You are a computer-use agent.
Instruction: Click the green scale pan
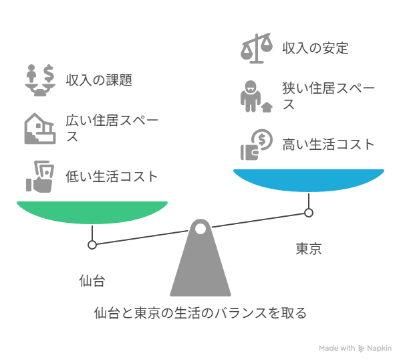(92, 212)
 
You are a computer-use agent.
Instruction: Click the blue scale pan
(309, 180)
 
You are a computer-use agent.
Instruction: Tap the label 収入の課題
(99, 80)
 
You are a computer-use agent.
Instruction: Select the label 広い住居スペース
(112, 128)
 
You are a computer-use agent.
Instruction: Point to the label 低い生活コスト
(112, 177)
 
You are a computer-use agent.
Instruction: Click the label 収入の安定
(315, 48)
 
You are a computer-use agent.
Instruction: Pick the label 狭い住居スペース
(328, 96)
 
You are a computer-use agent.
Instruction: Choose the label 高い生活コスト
(328, 144)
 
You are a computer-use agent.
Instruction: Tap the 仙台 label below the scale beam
(92, 280)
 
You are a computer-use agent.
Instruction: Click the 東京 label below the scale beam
(309, 249)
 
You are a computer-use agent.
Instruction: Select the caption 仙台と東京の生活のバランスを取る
(200, 313)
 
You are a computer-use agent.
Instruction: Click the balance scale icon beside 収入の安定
(256, 48)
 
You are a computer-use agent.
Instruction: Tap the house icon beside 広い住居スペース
(40, 128)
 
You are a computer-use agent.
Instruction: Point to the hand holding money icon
(40, 177)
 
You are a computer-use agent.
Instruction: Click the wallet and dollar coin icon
(256, 145)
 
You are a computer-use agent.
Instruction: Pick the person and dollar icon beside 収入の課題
(40, 80)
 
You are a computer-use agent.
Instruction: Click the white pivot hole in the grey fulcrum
(200, 229)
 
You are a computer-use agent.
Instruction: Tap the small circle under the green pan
(92, 245)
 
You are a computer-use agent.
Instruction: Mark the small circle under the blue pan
(309, 213)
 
